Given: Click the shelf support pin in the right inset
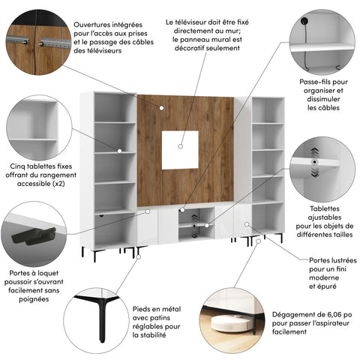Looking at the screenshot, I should pyautogui.click(x=314, y=160).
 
